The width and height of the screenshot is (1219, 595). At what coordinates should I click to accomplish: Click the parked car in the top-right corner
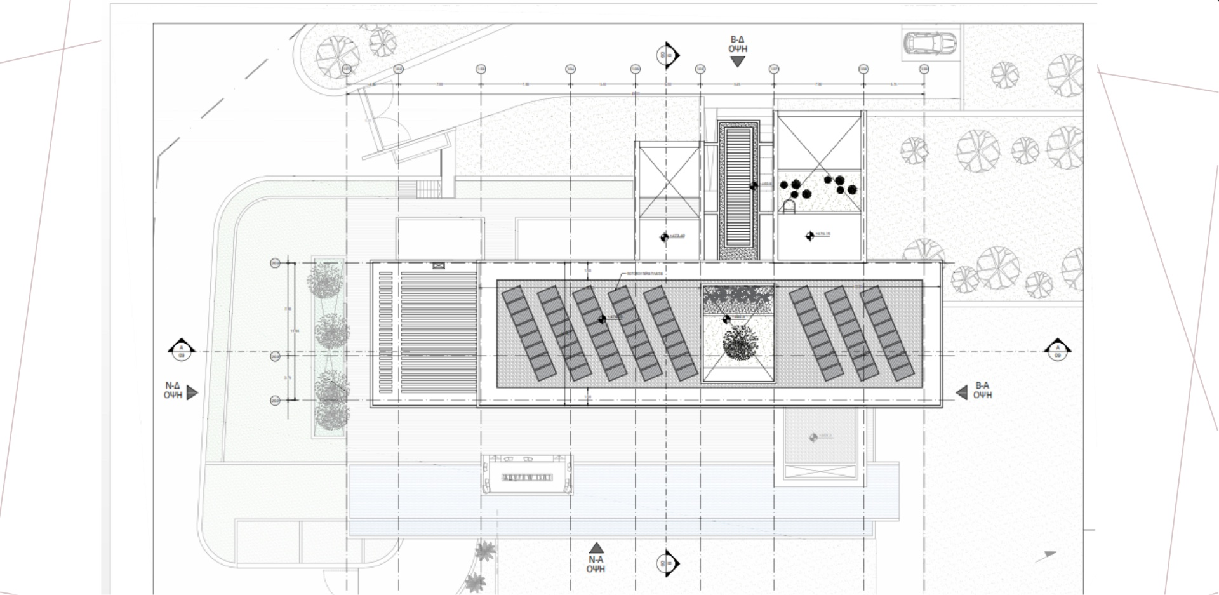click(x=929, y=43)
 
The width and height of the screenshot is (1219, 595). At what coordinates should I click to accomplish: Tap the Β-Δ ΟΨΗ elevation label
click(x=737, y=44)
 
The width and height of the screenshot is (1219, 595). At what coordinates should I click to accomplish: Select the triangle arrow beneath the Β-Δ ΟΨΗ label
click(x=737, y=62)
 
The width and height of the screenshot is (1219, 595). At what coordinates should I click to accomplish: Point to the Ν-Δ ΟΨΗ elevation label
click(x=173, y=390)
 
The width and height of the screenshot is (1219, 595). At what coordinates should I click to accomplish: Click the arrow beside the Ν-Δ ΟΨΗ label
click(x=192, y=393)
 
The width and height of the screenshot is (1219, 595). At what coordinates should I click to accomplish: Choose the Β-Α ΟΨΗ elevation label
click(x=982, y=390)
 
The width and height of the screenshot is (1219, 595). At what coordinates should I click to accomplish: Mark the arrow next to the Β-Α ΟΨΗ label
click(x=962, y=393)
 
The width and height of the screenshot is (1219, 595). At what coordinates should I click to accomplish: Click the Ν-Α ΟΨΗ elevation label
click(x=596, y=565)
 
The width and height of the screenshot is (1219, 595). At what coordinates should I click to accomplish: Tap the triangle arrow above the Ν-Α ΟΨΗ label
click(x=596, y=548)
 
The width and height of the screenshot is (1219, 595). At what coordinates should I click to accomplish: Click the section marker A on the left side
click(x=181, y=349)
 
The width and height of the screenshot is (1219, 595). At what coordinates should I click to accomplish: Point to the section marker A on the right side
click(x=1058, y=349)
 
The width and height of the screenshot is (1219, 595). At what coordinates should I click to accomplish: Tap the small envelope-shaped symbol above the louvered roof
click(x=437, y=265)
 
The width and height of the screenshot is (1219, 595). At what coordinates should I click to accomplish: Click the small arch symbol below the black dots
click(x=788, y=206)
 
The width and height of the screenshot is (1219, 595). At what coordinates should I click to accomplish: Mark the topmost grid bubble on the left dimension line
click(x=275, y=263)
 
